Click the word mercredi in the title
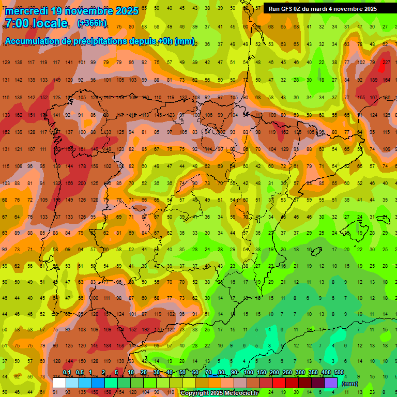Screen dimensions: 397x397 26,10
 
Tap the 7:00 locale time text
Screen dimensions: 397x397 36,23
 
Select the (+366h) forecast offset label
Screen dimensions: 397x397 92,23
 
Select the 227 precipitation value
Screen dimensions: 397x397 386,63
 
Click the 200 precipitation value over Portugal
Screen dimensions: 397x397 82,184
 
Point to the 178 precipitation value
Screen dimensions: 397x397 82,166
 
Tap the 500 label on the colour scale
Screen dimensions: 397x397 339,372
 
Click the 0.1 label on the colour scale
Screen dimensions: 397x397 67,372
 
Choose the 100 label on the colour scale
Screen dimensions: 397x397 248,372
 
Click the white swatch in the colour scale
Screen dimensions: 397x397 59,383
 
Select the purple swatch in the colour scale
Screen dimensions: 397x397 331,383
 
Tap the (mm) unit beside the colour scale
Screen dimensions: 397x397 350,384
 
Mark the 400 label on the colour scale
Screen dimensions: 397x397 326,372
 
